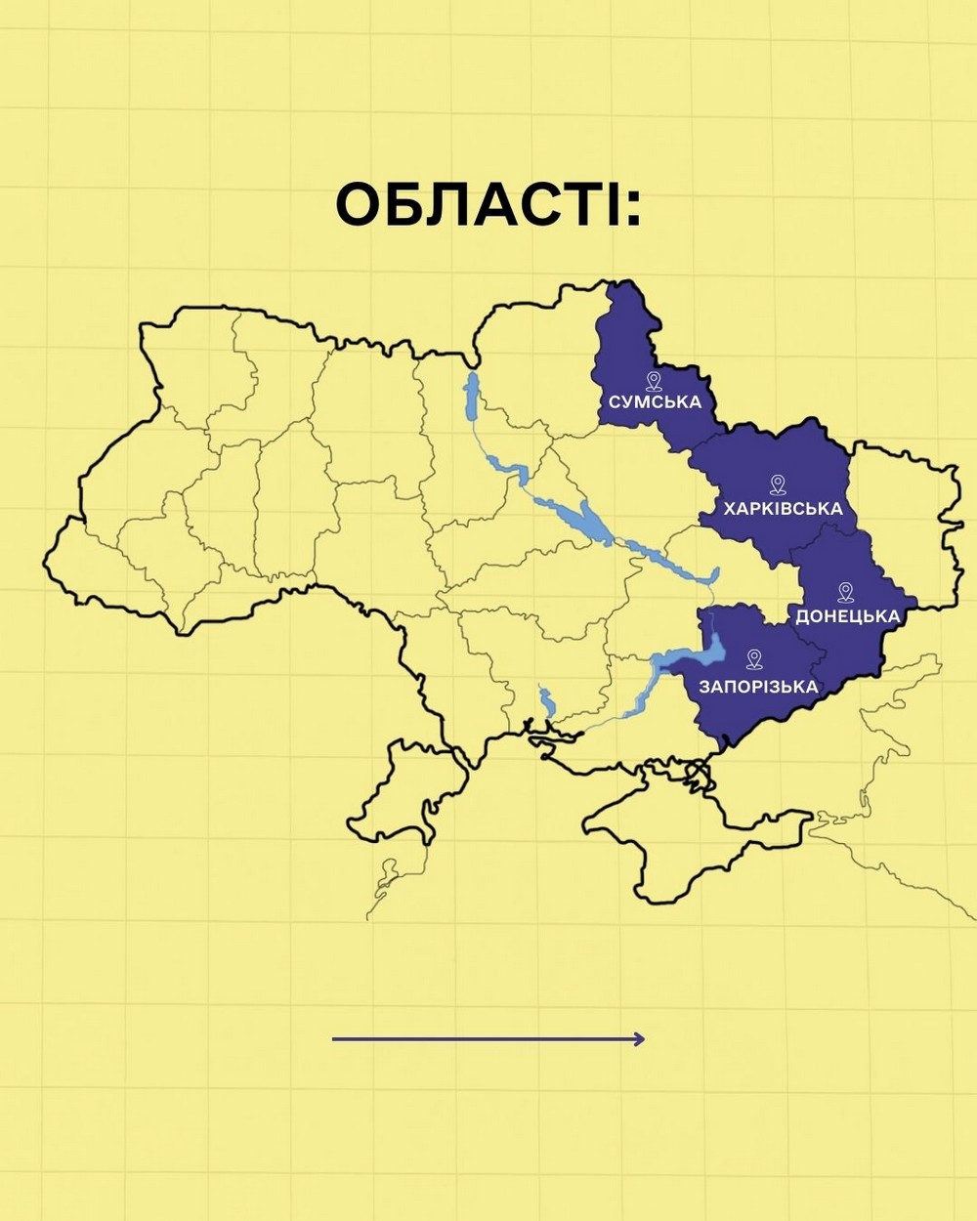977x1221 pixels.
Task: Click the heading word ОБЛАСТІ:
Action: click(x=488, y=205)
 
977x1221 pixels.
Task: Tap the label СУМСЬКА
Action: click(x=655, y=402)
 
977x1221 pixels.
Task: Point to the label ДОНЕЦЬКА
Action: click(x=847, y=616)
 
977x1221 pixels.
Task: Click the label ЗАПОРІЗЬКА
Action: click(x=758, y=687)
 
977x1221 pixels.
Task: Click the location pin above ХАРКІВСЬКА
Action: click(x=778, y=484)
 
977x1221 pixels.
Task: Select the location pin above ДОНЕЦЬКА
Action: click(x=846, y=592)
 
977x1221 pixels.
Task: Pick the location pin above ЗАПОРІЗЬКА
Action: click(x=753, y=659)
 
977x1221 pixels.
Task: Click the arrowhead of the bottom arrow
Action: click(x=639, y=1039)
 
